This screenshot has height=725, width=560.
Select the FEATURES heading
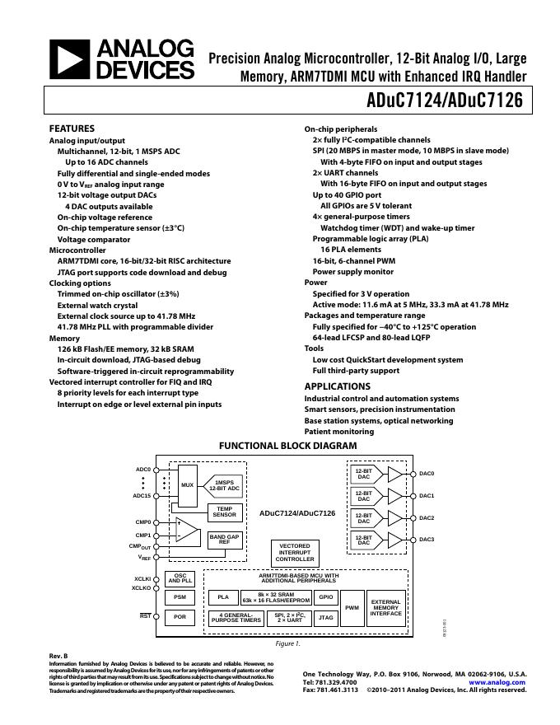tap(72, 129)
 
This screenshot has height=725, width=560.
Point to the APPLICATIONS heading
tap(338, 386)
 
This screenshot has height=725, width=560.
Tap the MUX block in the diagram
tap(188, 485)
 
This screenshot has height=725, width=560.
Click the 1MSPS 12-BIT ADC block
tap(224, 485)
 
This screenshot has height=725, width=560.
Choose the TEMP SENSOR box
tap(224, 512)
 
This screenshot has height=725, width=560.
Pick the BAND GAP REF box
tap(224, 539)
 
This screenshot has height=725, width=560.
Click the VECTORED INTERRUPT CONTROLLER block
tap(295, 552)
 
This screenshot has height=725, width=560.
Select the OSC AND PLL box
tap(180, 578)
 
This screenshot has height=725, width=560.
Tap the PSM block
tap(180, 596)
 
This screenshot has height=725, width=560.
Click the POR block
tap(180, 616)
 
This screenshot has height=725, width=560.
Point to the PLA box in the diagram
tap(222, 596)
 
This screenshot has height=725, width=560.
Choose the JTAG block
tap(326, 616)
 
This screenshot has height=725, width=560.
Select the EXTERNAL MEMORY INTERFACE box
tap(386, 607)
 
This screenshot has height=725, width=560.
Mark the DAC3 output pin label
tap(427, 540)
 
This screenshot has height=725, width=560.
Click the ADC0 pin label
tap(142, 470)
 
